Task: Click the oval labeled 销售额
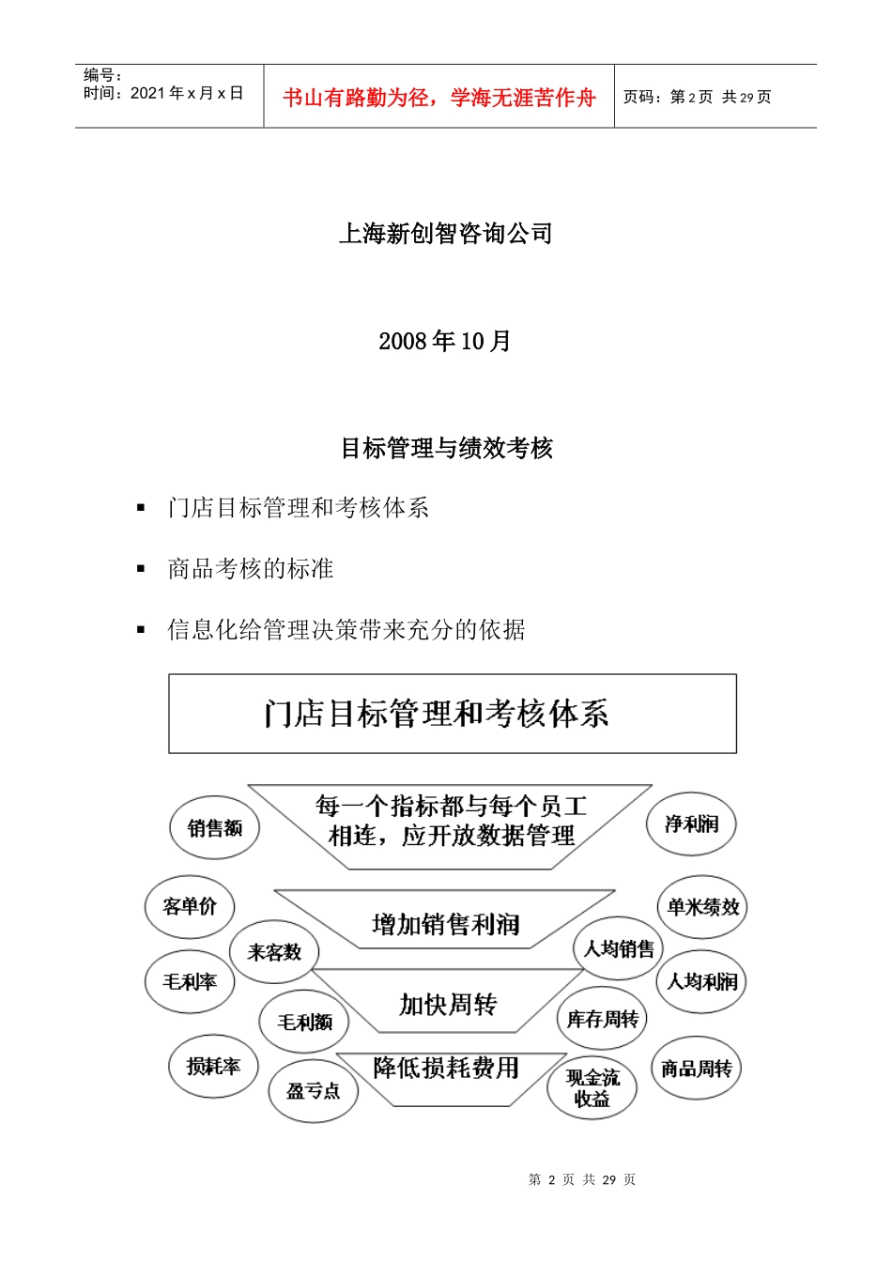coord(215,827)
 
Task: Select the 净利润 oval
coord(692,823)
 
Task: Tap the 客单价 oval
coord(190,906)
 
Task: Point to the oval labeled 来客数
coord(274,952)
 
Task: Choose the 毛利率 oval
coord(190,981)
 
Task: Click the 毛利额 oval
coord(304,1022)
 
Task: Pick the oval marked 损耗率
coord(214,1066)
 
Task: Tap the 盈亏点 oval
coord(314,1090)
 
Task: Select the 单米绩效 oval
coord(702,907)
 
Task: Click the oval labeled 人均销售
coord(619,949)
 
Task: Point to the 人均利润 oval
coord(701,981)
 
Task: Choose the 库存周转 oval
coord(602,1019)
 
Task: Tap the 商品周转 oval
coord(696,1069)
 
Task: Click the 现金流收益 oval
coord(592,1088)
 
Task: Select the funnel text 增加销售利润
coord(446,925)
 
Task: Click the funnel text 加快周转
coord(448,1005)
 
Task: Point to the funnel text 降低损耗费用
coord(446,1068)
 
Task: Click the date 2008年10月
coord(445,341)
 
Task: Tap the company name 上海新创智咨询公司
coord(445,233)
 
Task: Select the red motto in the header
coord(439,98)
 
